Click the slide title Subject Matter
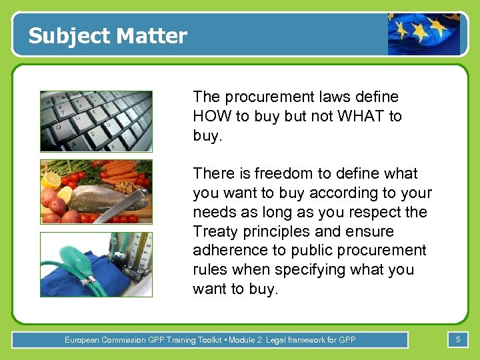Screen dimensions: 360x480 tap(108, 35)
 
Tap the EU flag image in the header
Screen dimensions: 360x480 tap(424, 34)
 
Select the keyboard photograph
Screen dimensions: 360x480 tap(96, 121)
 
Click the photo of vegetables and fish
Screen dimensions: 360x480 tap(96, 191)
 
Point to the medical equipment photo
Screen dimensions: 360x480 tap(96, 264)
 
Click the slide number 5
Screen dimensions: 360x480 tap(458, 340)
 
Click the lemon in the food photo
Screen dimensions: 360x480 tap(51, 180)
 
